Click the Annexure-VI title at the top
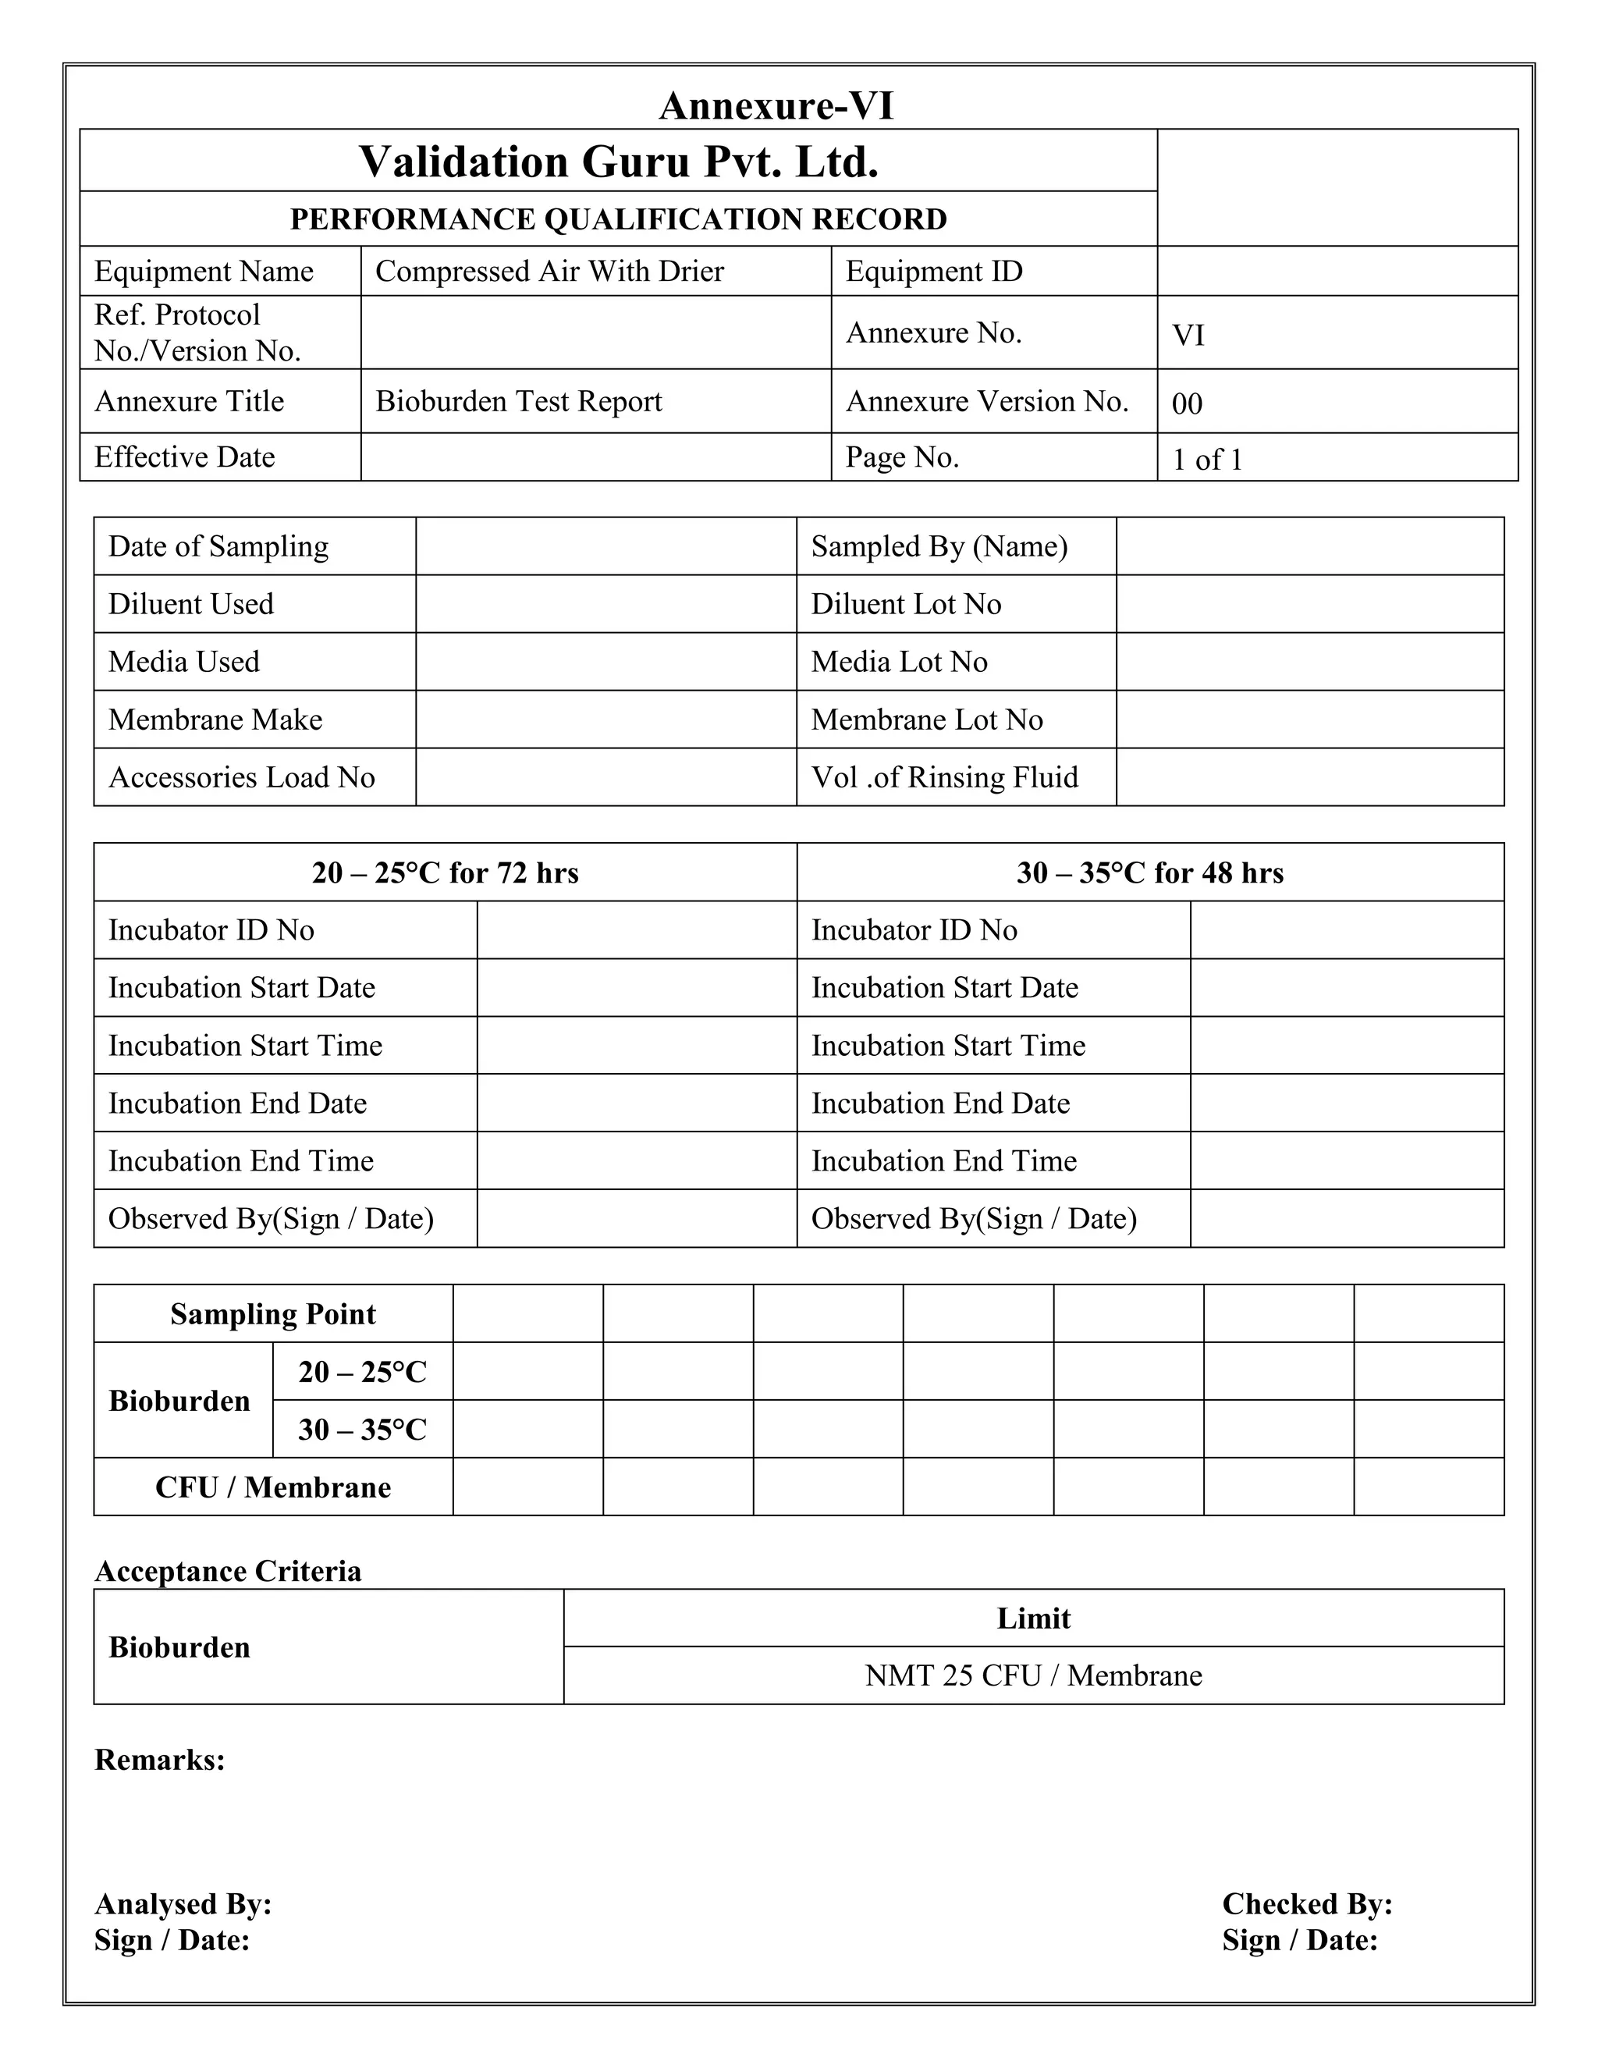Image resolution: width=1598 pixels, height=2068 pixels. [776, 105]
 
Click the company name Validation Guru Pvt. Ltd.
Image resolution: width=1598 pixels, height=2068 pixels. [618, 162]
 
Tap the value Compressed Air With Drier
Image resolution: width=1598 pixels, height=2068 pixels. [549, 272]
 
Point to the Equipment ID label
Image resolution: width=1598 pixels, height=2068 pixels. [933, 272]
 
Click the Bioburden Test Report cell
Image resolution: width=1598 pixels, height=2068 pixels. [519, 401]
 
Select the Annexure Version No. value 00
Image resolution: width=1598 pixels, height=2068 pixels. [1187, 404]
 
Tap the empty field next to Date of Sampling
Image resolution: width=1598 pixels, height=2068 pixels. [605, 546]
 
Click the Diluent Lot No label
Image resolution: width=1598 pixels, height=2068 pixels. [906, 604]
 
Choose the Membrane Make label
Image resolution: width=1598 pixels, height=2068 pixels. [215, 720]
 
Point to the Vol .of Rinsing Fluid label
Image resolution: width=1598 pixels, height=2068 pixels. [945, 777]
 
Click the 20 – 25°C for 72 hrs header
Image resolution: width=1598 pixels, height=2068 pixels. [445, 872]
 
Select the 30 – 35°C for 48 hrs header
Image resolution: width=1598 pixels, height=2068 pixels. [1150, 872]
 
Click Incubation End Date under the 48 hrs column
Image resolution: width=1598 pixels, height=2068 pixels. [940, 1103]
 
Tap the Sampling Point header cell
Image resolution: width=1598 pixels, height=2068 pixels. [272, 1314]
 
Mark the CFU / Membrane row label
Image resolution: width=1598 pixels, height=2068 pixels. [272, 1487]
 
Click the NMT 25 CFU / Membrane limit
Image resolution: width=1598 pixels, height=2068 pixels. [1033, 1676]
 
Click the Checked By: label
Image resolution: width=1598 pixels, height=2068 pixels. [1306, 1904]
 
